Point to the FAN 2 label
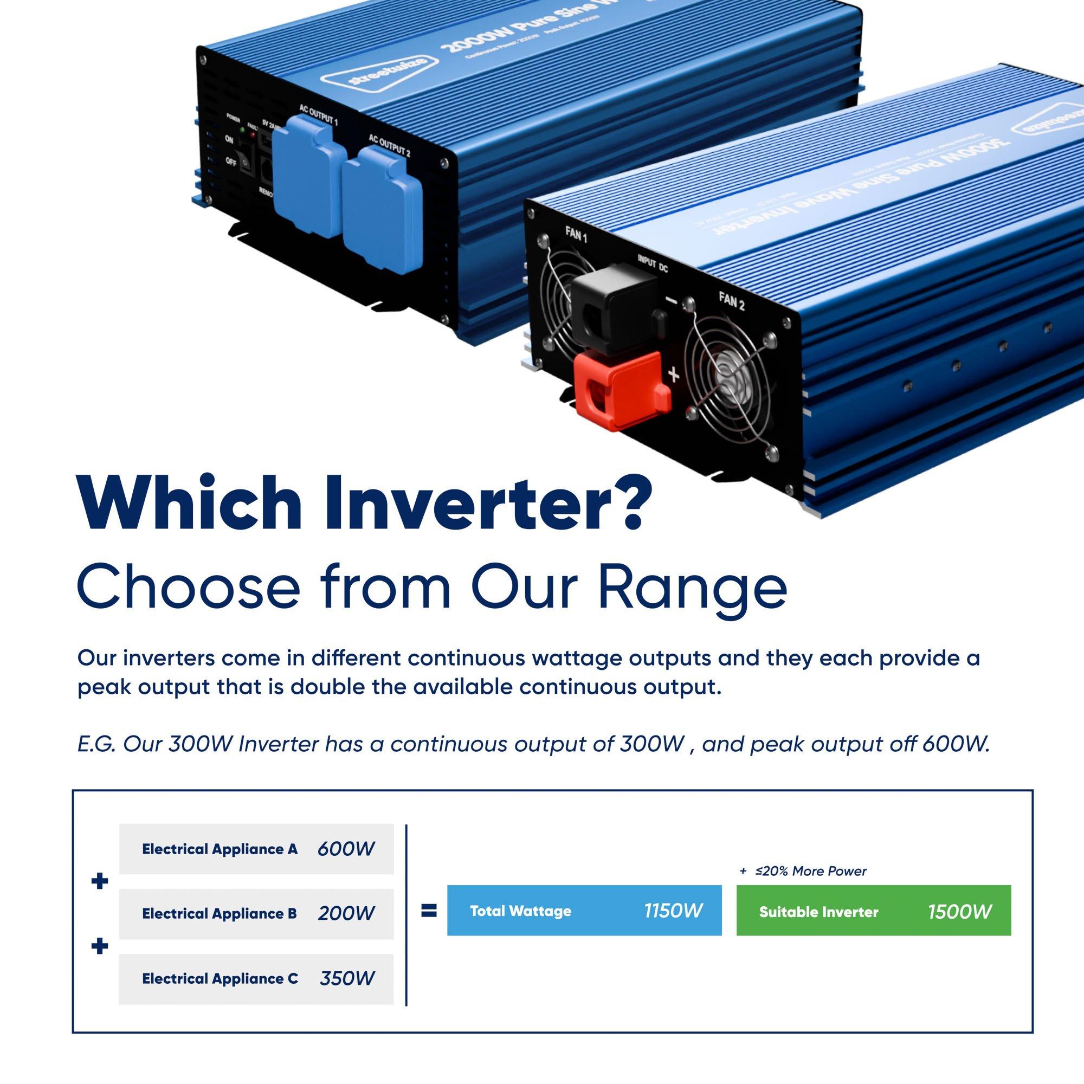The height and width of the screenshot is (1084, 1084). click(x=732, y=301)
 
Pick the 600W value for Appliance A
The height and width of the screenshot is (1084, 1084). click(x=346, y=849)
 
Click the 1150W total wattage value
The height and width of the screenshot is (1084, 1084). click(x=673, y=911)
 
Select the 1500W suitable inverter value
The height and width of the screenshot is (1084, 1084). click(x=960, y=912)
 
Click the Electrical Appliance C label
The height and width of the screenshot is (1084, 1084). click(x=220, y=979)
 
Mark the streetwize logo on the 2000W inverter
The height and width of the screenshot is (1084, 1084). click(x=388, y=74)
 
